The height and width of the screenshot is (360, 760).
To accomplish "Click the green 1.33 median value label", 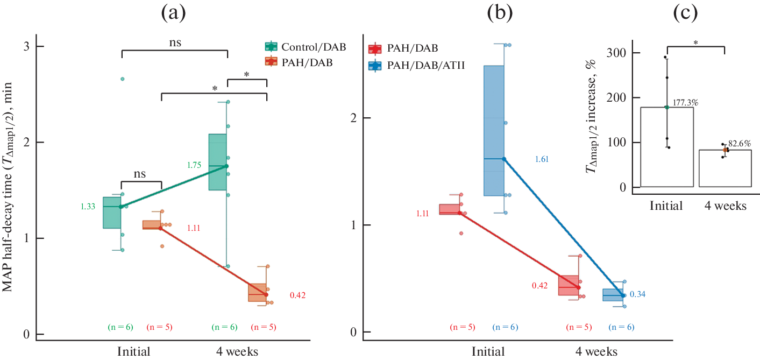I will pyautogui.click(x=88, y=206).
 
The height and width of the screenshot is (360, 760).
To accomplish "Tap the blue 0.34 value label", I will pyautogui.click(x=637, y=294).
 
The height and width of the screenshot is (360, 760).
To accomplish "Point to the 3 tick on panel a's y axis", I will pyautogui.click(x=26, y=46).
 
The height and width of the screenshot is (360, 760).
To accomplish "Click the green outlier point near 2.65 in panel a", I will pyautogui.click(x=122, y=79).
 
